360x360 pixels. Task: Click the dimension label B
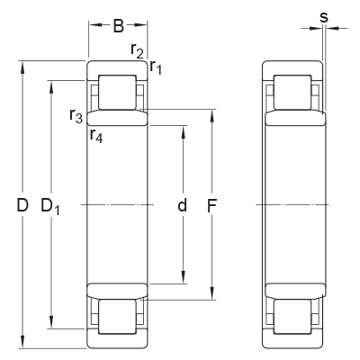[118, 26]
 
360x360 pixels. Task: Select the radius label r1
[156, 66]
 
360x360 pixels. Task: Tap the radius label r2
[137, 51]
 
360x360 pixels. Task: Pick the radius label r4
[96, 135]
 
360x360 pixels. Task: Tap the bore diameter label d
[182, 206]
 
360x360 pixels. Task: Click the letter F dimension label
[212, 206]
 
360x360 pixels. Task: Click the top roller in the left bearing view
[117, 94]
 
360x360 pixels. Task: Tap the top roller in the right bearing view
[292, 94]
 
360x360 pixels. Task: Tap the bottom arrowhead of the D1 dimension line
[52, 327]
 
